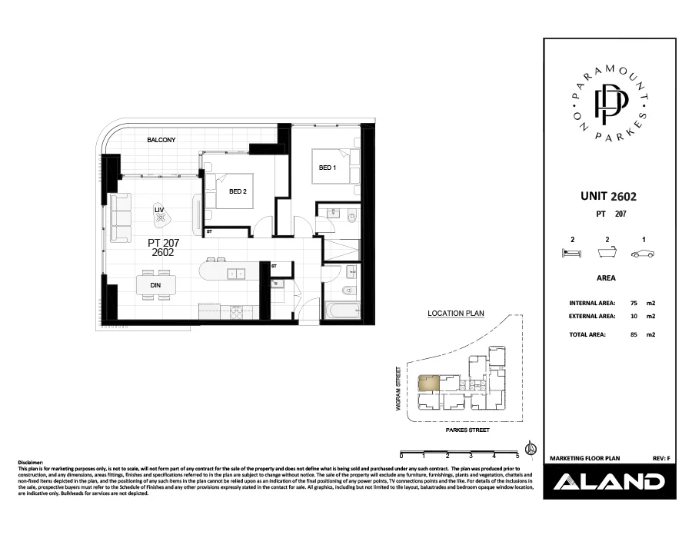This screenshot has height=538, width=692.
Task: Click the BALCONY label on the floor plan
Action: pos(162,140)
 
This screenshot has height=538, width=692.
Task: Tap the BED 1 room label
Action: pos(327,167)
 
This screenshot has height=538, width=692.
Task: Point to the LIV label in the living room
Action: pos(160,209)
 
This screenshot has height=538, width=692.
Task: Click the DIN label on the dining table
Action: pos(155,284)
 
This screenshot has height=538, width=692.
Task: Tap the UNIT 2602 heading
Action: pos(608,197)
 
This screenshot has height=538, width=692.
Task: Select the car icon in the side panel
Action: pos(642,254)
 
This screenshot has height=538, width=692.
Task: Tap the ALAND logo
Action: pos(609,482)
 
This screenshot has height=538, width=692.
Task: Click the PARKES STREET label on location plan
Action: pos(467,431)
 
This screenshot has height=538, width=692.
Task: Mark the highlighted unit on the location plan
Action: pos(428,383)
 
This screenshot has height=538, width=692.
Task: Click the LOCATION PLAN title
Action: pos(456,314)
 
